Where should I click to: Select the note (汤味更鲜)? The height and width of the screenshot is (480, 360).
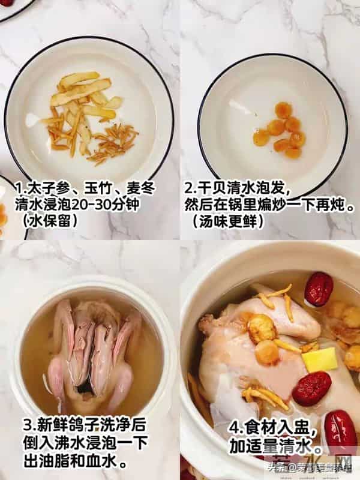click(228, 221)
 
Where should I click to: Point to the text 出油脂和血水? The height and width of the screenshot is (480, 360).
click(75, 463)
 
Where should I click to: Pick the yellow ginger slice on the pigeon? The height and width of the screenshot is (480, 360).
click(319, 359)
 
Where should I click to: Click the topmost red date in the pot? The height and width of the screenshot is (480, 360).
click(319, 289)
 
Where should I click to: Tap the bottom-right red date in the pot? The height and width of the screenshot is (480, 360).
click(340, 432)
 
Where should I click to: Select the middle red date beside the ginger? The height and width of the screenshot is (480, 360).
click(311, 388)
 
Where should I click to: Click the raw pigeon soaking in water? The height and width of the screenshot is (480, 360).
click(93, 354)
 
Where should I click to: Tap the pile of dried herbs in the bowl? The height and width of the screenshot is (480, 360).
click(90, 117)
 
